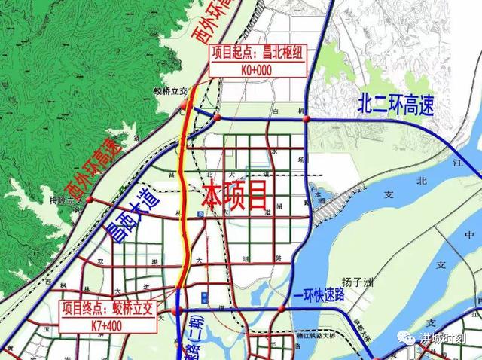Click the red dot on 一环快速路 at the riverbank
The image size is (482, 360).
tap(282, 308)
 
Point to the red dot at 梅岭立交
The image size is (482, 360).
tap(89, 200)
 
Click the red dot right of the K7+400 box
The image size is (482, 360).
tap(178, 310)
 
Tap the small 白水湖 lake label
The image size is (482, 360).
tap(322, 197)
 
